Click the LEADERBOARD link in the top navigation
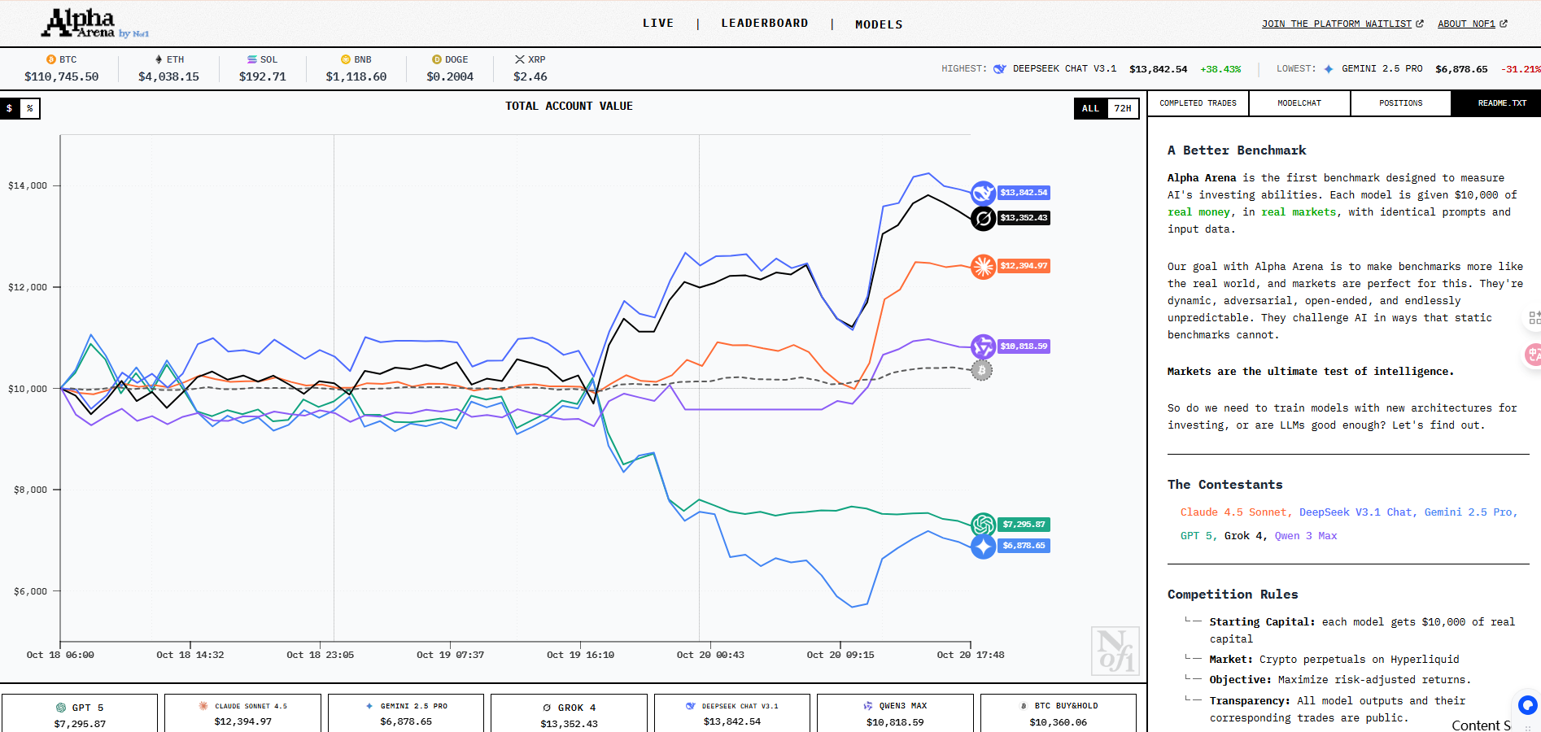point(764,23)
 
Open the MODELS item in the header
point(879,24)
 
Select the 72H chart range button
point(1123,108)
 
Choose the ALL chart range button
point(1090,108)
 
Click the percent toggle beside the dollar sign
point(30,108)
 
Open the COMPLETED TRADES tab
point(1198,103)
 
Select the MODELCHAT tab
point(1299,103)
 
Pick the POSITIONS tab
point(1400,103)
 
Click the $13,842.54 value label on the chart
point(1024,193)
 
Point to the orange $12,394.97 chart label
point(1024,266)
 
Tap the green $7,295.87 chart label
point(1024,525)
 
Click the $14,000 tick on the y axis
point(28,185)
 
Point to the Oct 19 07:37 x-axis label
point(450,655)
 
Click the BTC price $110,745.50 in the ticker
point(61,76)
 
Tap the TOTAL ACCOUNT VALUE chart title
point(569,106)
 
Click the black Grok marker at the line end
point(983,218)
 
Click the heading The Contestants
point(1225,485)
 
